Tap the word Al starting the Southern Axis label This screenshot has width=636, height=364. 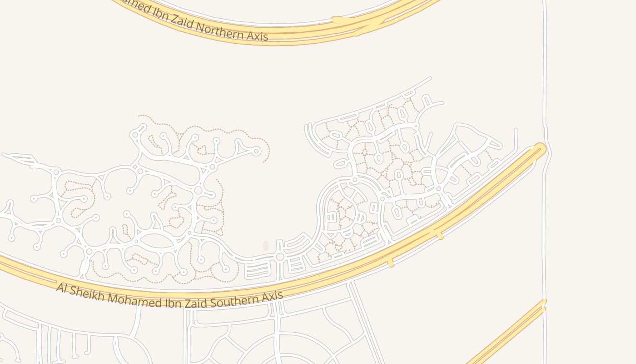(x=62, y=288)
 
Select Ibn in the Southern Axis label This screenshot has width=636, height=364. (x=172, y=303)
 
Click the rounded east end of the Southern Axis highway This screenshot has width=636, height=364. (x=540, y=149)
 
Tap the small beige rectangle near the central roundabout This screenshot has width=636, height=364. (x=266, y=246)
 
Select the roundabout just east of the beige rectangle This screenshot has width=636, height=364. (x=280, y=257)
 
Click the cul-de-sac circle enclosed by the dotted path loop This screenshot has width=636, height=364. (x=256, y=151)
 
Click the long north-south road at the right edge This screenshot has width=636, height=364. (x=545, y=68)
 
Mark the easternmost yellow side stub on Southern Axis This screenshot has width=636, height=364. (x=439, y=235)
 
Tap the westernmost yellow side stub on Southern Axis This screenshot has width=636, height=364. (x=390, y=263)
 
